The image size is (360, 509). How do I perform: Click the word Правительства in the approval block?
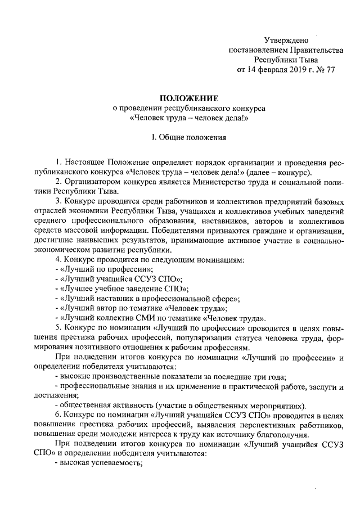click(x=312, y=50)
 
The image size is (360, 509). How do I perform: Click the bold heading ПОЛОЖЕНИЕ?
click(x=187, y=98)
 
